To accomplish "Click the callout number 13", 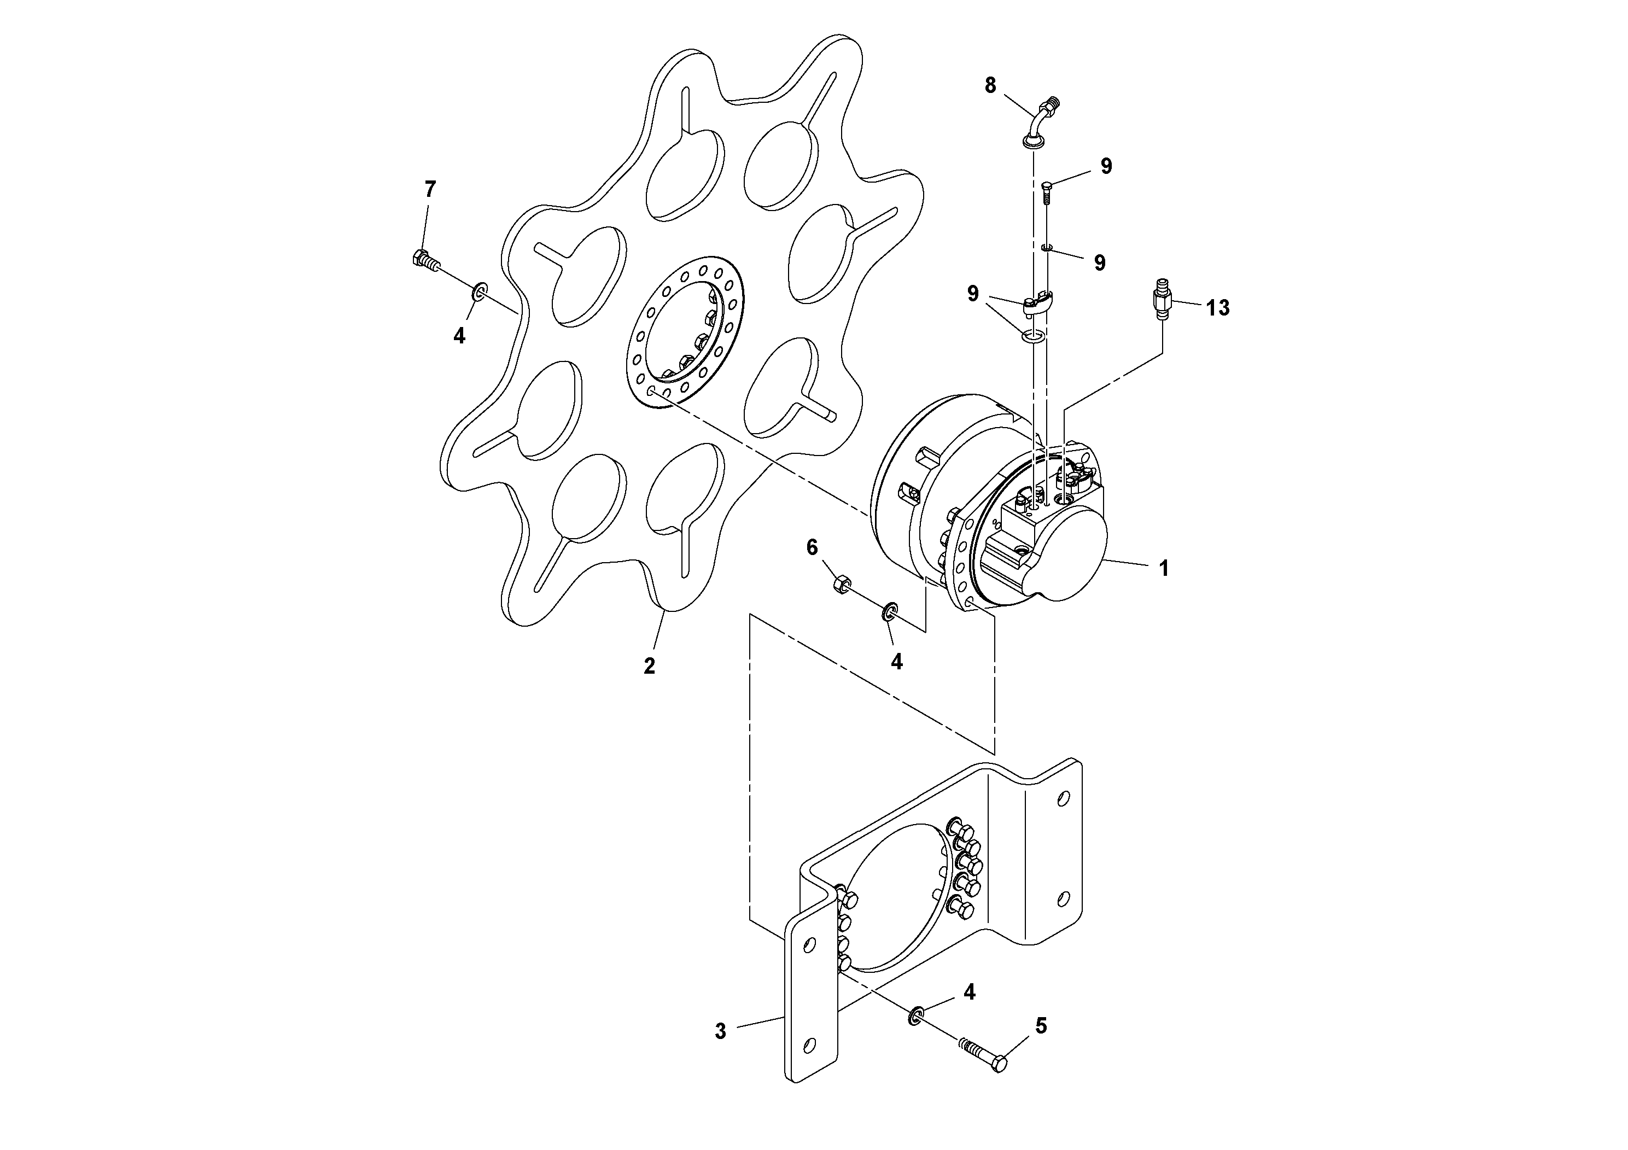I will [x=1217, y=308].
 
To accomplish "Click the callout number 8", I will [x=990, y=86].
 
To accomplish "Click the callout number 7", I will [x=430, y=189].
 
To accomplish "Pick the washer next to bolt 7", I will [x=481, y=291].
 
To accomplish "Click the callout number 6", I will [x=812, y=547].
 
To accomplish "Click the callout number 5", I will [x=1040, y=1026].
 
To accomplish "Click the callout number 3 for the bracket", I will [x=720, y=1031].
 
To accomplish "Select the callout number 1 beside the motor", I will [x=1163, y=569].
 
